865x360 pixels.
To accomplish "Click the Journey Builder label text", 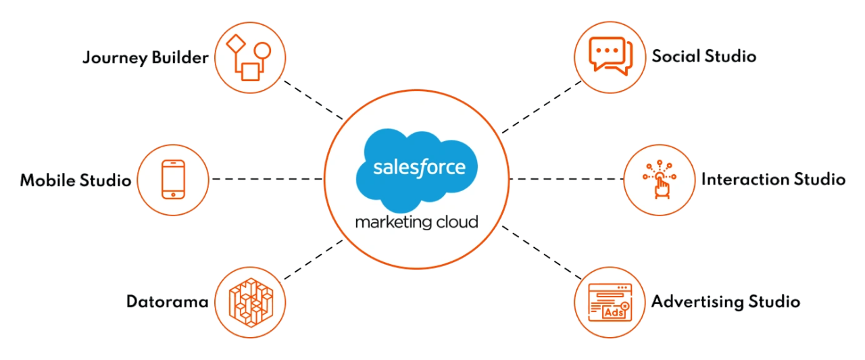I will (x=145, y=59).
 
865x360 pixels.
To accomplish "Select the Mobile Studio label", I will (x=75, y=180).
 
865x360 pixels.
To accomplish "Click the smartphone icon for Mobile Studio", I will (x=173, y=179).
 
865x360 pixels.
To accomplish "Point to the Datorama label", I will (x=167, y=301).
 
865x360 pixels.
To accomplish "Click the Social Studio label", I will (x=703, y=57).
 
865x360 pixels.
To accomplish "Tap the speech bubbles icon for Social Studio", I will (x=610, y=57).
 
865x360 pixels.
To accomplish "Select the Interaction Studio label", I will (x=773, y=180).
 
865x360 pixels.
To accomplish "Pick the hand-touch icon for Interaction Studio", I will (x=658, y=180).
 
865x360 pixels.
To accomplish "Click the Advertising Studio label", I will (x=725, y=302).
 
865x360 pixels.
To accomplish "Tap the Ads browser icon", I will (x=610, y=302).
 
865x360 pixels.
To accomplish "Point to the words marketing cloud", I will (x=416, y=222).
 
